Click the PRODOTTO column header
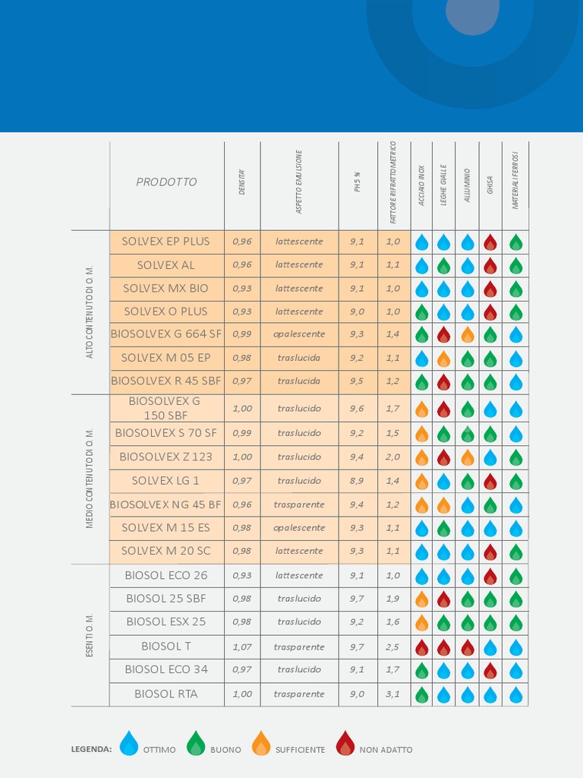(x=166, y=182)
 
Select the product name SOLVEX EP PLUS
(x=165, y=242)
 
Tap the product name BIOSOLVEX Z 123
(x=165, y=457)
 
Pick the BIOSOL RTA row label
(x=165, y=694)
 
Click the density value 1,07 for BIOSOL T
(x=242, y=647)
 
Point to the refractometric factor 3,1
(x=392, y=694)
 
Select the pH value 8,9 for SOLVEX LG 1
(x=357, y=481)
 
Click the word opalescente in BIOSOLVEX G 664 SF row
(x=299, y=334)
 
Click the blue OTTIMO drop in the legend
(x=130, y=743)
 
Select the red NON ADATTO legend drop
(x=345, y=743)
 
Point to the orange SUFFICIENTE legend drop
(x=261, y=743)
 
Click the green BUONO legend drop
(x=196, y=743)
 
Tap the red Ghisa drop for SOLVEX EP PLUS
(x=490, y=242)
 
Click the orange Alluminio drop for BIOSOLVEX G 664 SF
(x=468, y=334)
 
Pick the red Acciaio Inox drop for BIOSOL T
(x=422, y=647)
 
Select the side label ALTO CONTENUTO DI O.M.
(x=90, y=312)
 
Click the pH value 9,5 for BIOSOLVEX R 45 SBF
(x=357, y=381)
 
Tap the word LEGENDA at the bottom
(x=91, y=750)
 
